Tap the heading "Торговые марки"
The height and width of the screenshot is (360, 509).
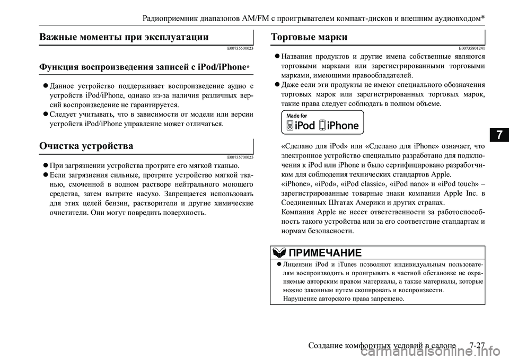[309, 37]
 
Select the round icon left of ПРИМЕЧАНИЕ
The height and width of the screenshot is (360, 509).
[278, 252]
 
